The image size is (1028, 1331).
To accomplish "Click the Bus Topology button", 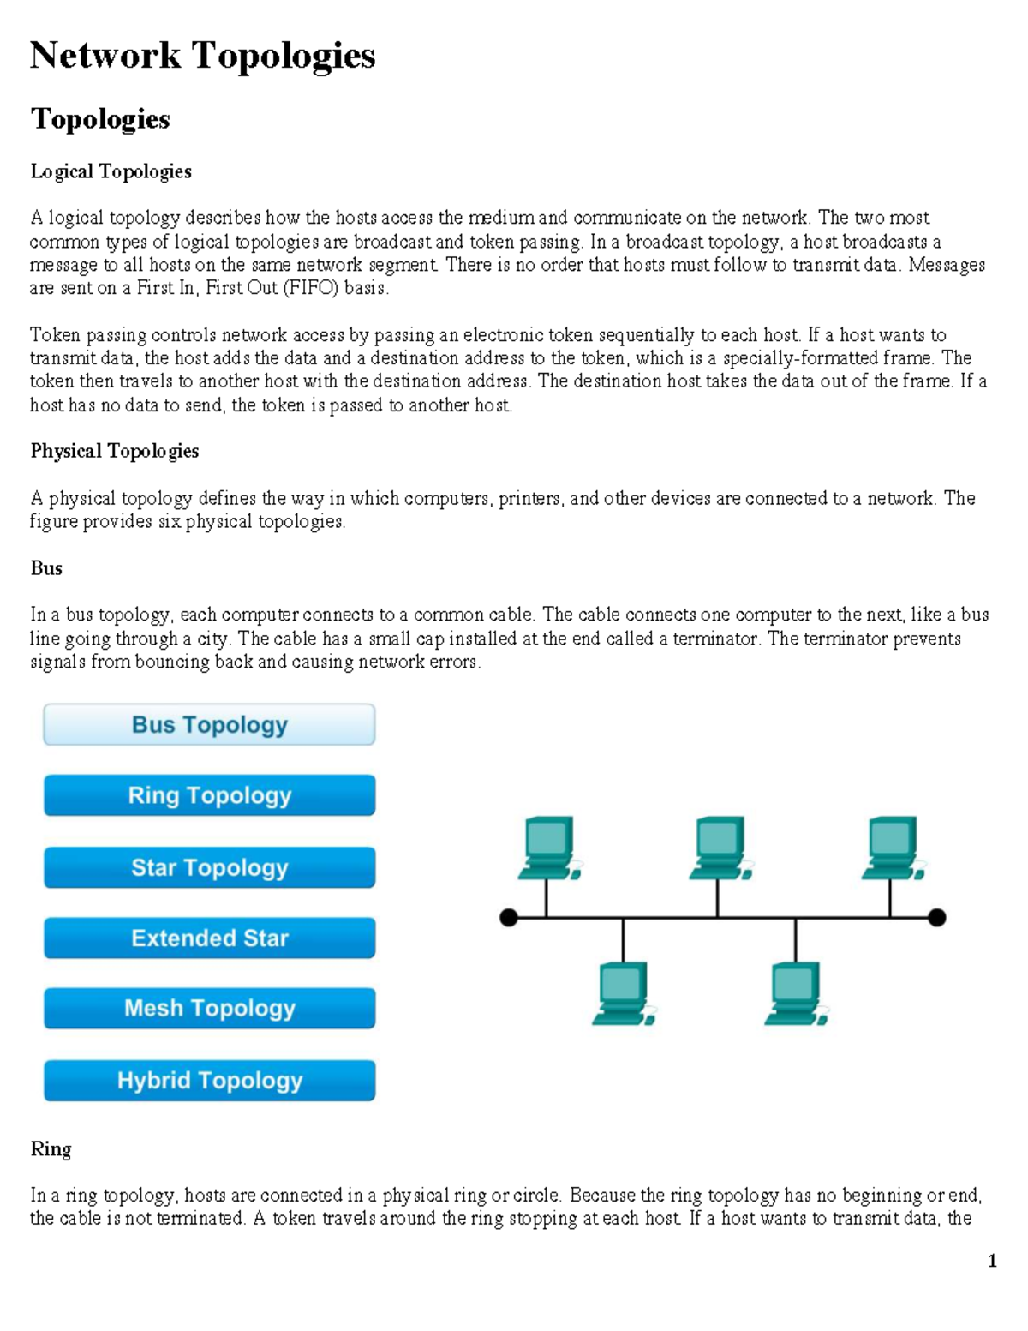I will pos(209,725).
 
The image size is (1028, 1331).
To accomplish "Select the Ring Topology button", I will pos(209,795).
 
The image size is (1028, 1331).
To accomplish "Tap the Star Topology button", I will pos(209,867).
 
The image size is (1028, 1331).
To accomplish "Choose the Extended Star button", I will pos(209,938).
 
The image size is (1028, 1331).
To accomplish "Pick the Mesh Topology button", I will pos(209,1008).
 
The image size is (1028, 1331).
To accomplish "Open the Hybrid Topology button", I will pos(209,1080).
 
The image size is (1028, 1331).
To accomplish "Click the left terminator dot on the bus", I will pos(509,918).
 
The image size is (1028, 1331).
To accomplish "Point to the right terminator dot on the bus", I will pos(937,918).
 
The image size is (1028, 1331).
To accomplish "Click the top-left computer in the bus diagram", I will pos(548,848).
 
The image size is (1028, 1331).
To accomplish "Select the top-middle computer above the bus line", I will pos(720,848).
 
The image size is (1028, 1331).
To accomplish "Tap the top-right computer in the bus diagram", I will pos(892,848).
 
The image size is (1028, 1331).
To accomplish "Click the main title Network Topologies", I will pos(202,56).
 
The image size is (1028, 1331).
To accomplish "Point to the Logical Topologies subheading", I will pos(111,171).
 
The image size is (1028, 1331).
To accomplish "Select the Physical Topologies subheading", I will pos(114,451).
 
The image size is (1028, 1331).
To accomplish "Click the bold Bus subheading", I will pos(46,568).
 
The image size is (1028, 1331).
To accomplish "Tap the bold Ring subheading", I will pos(51,1148).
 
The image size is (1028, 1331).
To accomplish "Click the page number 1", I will pos(992,1261).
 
